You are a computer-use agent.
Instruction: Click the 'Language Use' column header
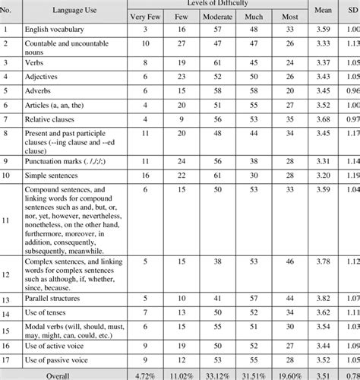tap(74, 9)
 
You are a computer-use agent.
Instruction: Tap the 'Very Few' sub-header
tap(146, 16)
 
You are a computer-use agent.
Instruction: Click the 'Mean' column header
tap(322, 9)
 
